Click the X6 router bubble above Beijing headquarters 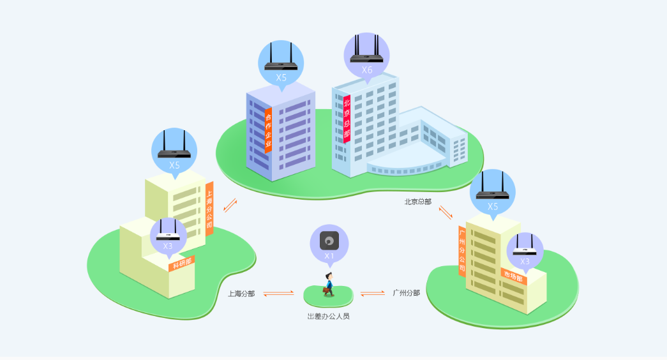366,56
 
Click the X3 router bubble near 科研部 169,236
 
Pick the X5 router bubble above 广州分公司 493,193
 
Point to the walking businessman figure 329,285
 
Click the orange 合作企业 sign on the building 269,131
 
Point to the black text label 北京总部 417,202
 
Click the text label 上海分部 241,294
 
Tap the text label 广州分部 406,293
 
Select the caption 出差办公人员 329,316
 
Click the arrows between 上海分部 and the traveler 278,293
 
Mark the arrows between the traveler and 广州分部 372,293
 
